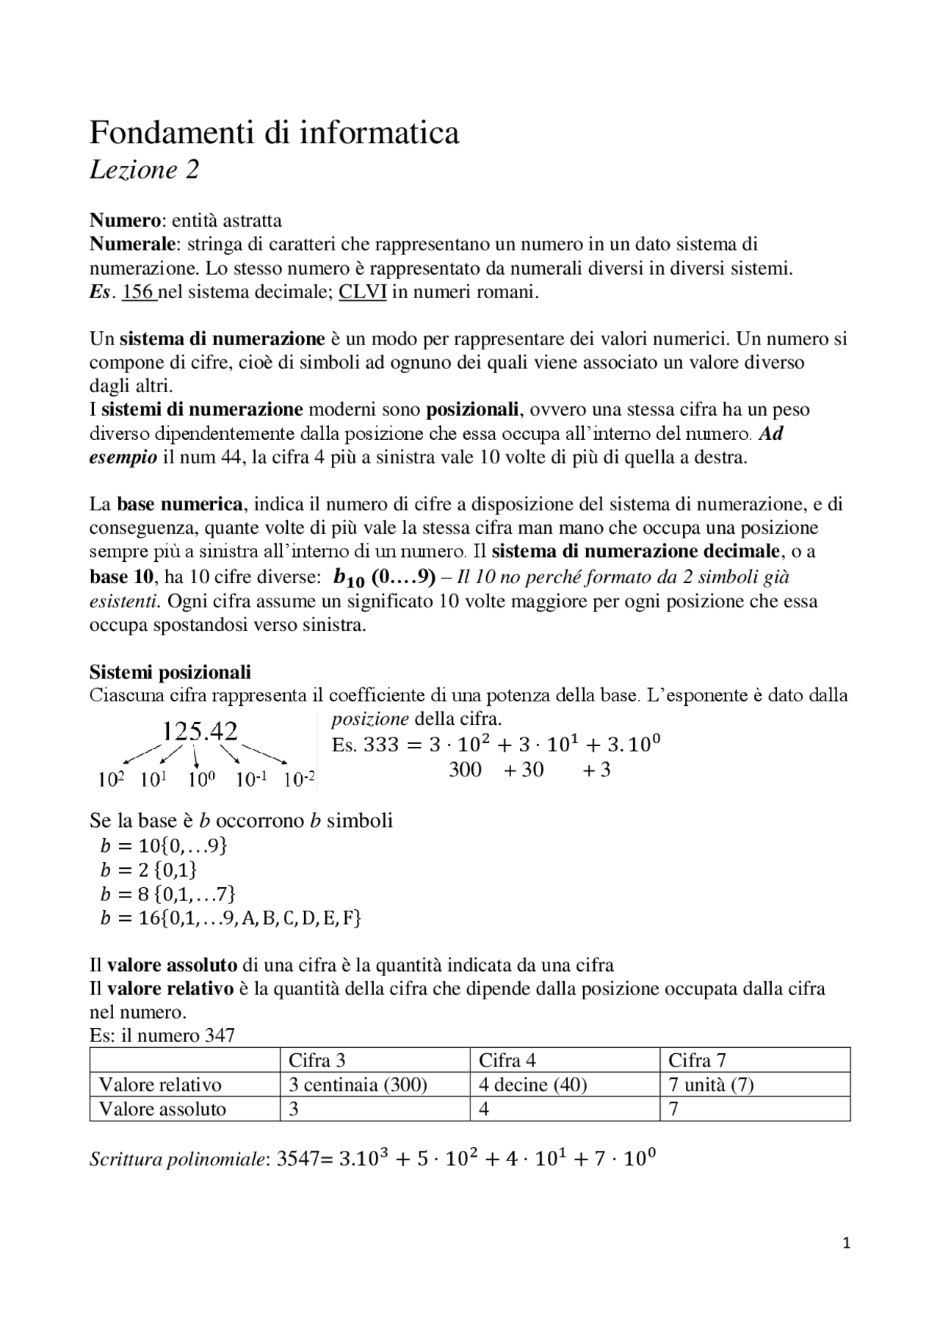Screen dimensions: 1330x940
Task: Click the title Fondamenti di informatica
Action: [274, 134]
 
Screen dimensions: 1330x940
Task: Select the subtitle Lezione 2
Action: [144, 170]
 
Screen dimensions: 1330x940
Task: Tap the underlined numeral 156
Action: [138, 292]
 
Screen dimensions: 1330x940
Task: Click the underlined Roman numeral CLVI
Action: [363, 292]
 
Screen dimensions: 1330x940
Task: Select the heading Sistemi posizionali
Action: [170, 672]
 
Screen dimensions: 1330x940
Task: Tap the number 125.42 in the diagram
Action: [199, 731]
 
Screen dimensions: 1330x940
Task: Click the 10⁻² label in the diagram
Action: [300, 779]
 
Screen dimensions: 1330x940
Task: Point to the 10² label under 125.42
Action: [111, 779]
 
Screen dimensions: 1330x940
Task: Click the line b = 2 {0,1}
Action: [149, 870]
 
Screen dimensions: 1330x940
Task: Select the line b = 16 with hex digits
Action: [231, 918]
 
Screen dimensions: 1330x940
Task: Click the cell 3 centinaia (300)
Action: [358, 1085]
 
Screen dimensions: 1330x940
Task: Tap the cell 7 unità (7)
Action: [711, 1085]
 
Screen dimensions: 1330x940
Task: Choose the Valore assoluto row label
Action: [162, 1109]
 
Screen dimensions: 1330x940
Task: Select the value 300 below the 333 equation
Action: [465, 770]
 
